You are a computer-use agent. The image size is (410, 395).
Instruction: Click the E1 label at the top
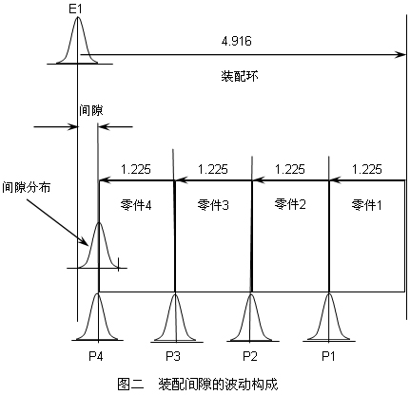[x=75, y=9]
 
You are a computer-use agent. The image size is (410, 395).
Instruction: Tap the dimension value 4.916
[x=237, y=41]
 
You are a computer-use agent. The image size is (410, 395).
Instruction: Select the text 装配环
[x=240, y=76]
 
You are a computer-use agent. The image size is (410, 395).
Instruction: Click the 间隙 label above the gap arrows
[x=91, y=110]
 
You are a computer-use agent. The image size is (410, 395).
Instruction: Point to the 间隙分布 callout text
[x=27, y=187]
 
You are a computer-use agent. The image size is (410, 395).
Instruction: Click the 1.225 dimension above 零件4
[x=136, y=169]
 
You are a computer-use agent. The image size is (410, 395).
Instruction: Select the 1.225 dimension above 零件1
[x=367, y=169]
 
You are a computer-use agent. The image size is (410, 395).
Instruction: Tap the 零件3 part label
[x=213, y=205]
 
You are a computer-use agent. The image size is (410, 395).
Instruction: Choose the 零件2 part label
[x=290, y=204]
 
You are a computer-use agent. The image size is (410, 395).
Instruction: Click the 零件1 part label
[x=366, y=205]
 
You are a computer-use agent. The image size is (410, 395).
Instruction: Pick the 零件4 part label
[x=136, y=205]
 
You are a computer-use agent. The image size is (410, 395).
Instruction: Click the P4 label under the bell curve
[x=96, y=356]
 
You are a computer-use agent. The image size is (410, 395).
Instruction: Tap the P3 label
[x=173, y=356]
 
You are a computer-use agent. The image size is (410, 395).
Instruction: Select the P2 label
[x=250, y=356]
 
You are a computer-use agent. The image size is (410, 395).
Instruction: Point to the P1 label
[x=328, y=356]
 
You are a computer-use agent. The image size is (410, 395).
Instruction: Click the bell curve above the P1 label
[x=329, y=316]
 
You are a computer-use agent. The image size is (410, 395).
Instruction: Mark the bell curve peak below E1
[x=77, y=17]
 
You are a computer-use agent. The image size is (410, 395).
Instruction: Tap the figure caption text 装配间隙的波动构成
[x=218, y=384]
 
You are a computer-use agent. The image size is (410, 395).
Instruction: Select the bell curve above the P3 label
[x=175, y=316]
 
